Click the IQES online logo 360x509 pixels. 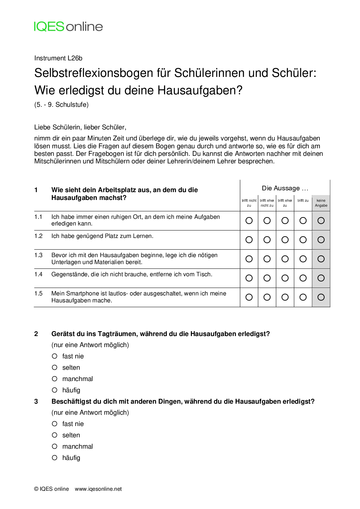[69, 27]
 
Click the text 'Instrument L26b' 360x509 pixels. [58, 58]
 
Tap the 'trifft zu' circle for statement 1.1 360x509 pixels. [303, 221]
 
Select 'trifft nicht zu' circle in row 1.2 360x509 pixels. [249, 240]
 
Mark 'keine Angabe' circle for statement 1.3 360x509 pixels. [321, 259]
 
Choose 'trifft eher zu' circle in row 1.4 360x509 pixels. [285, 278]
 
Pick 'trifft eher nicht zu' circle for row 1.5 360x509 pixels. [267, 297]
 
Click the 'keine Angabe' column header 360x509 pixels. [321, 203]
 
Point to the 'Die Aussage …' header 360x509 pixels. [285, 188]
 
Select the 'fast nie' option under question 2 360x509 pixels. [55, 356]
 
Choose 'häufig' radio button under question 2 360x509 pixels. [55, 390]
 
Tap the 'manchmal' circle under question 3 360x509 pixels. [55, 446]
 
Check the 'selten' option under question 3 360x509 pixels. [55, 435]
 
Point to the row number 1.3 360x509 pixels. [38, 255]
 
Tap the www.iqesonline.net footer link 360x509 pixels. [98, 489]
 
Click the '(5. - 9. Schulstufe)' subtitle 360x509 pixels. [61, 105]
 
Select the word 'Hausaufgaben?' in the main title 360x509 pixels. [200, 91]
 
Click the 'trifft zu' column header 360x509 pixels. [303, 201]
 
